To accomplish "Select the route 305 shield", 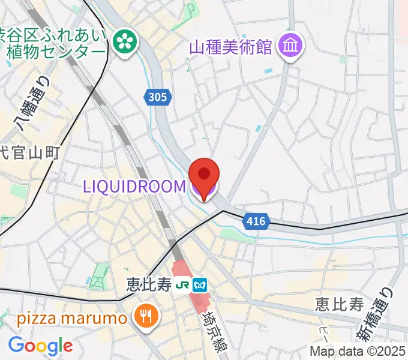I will [158, 96].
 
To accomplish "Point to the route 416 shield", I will [256, 222].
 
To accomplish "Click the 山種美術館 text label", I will [231, 46].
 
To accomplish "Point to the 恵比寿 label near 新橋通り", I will [340, 304].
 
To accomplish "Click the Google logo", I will [40, 346].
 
